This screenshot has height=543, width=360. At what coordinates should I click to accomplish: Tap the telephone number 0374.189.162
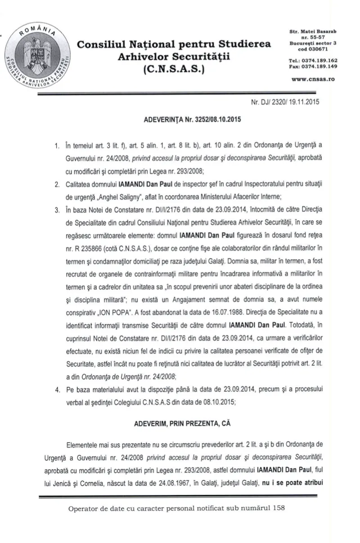(x=321, y=60)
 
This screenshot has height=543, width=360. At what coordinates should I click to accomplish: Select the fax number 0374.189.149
(x=321, y=66)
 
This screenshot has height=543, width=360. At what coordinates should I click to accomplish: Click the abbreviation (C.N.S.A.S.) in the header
(x=174, y=70)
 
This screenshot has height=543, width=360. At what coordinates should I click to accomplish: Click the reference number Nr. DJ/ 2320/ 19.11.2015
(x=285, y=102)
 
